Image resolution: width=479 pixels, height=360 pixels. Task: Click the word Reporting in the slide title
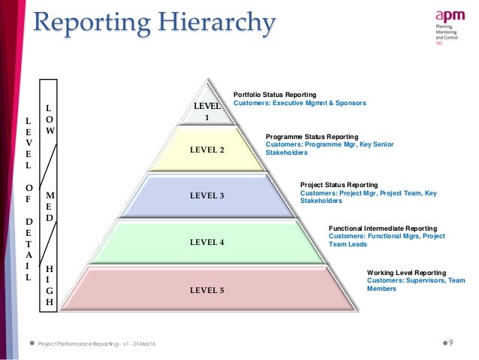[x=83, y=23]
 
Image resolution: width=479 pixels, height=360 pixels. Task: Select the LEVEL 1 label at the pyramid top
[x=207, y=112]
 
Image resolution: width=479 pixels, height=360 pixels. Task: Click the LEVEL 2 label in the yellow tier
[x=207, y=149]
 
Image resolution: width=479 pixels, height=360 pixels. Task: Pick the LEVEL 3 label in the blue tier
[x=207, y=195]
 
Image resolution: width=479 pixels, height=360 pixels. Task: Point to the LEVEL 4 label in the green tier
[x=207, y=242]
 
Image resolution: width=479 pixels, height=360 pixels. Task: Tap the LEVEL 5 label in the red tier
[x=207, y=289]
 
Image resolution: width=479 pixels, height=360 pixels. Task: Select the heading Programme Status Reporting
[x=312, y=136]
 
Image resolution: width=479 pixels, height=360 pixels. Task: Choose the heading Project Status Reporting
[x=339, y=184]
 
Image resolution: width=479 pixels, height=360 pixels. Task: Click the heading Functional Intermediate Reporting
[x=383, y=227]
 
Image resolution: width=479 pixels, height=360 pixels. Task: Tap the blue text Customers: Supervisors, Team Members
[x=415, y=284]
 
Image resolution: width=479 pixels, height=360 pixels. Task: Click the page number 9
[x=451, y=343]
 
